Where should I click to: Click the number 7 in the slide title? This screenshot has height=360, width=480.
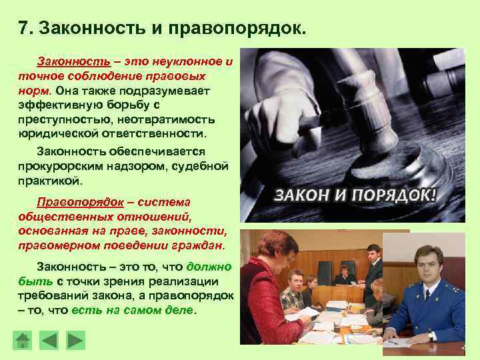[24, 29]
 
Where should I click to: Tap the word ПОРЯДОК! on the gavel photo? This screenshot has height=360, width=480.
[399, 196]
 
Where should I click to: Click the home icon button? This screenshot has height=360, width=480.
[23, 341]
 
